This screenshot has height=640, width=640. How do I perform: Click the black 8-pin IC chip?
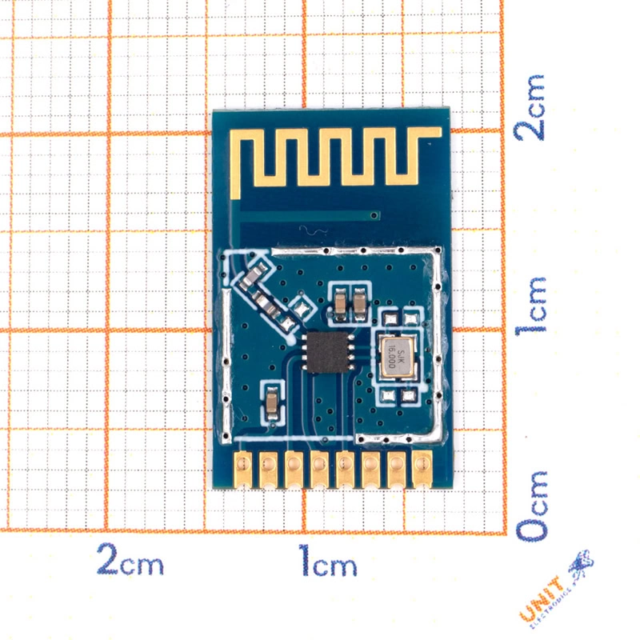click(x=325, y=352)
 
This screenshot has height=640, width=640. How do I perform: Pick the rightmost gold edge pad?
click(x=421, y=469)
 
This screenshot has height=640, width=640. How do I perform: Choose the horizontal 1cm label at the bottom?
click(x=329, y=560)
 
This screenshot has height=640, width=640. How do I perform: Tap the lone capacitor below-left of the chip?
click(x=272, y=402)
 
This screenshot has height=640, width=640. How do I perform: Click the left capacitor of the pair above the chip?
click(x=341, y=302)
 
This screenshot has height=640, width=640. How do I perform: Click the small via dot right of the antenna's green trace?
click(x=374, y=214)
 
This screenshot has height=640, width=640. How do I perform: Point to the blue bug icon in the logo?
click(x=579, y=565)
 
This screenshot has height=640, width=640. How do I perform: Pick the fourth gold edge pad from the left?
click(x=319, y=469)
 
